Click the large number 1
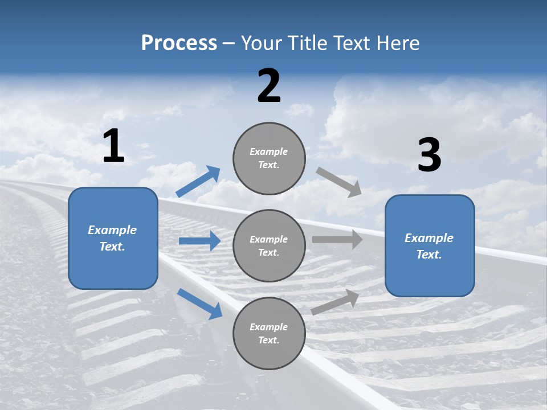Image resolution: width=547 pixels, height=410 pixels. coord(113,146)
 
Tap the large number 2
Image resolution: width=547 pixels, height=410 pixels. coord(269,86)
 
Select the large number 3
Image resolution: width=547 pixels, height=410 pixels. coord(429,155)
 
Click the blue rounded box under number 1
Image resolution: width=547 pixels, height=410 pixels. coord(113,238)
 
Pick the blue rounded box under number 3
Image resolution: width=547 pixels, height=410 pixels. coord(430,245)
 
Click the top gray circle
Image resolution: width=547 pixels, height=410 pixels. coord(269,158)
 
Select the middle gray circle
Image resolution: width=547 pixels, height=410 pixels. coord(269,245)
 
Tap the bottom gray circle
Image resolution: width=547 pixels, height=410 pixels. coord(269,333)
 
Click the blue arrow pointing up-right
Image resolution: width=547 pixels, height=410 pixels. coord(198,182)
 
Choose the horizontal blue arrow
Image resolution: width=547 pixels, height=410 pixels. coord(199,241)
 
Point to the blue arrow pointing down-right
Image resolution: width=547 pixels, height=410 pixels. coord(199,303)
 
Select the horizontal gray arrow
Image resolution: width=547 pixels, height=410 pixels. coord(337,240)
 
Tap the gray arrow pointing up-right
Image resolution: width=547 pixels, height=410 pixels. coord(335,302)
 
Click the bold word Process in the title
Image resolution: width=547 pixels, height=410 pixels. coord(179,43)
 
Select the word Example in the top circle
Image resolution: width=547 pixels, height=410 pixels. coord(268,151)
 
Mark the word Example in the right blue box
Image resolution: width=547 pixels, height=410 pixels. coord(429,238)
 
